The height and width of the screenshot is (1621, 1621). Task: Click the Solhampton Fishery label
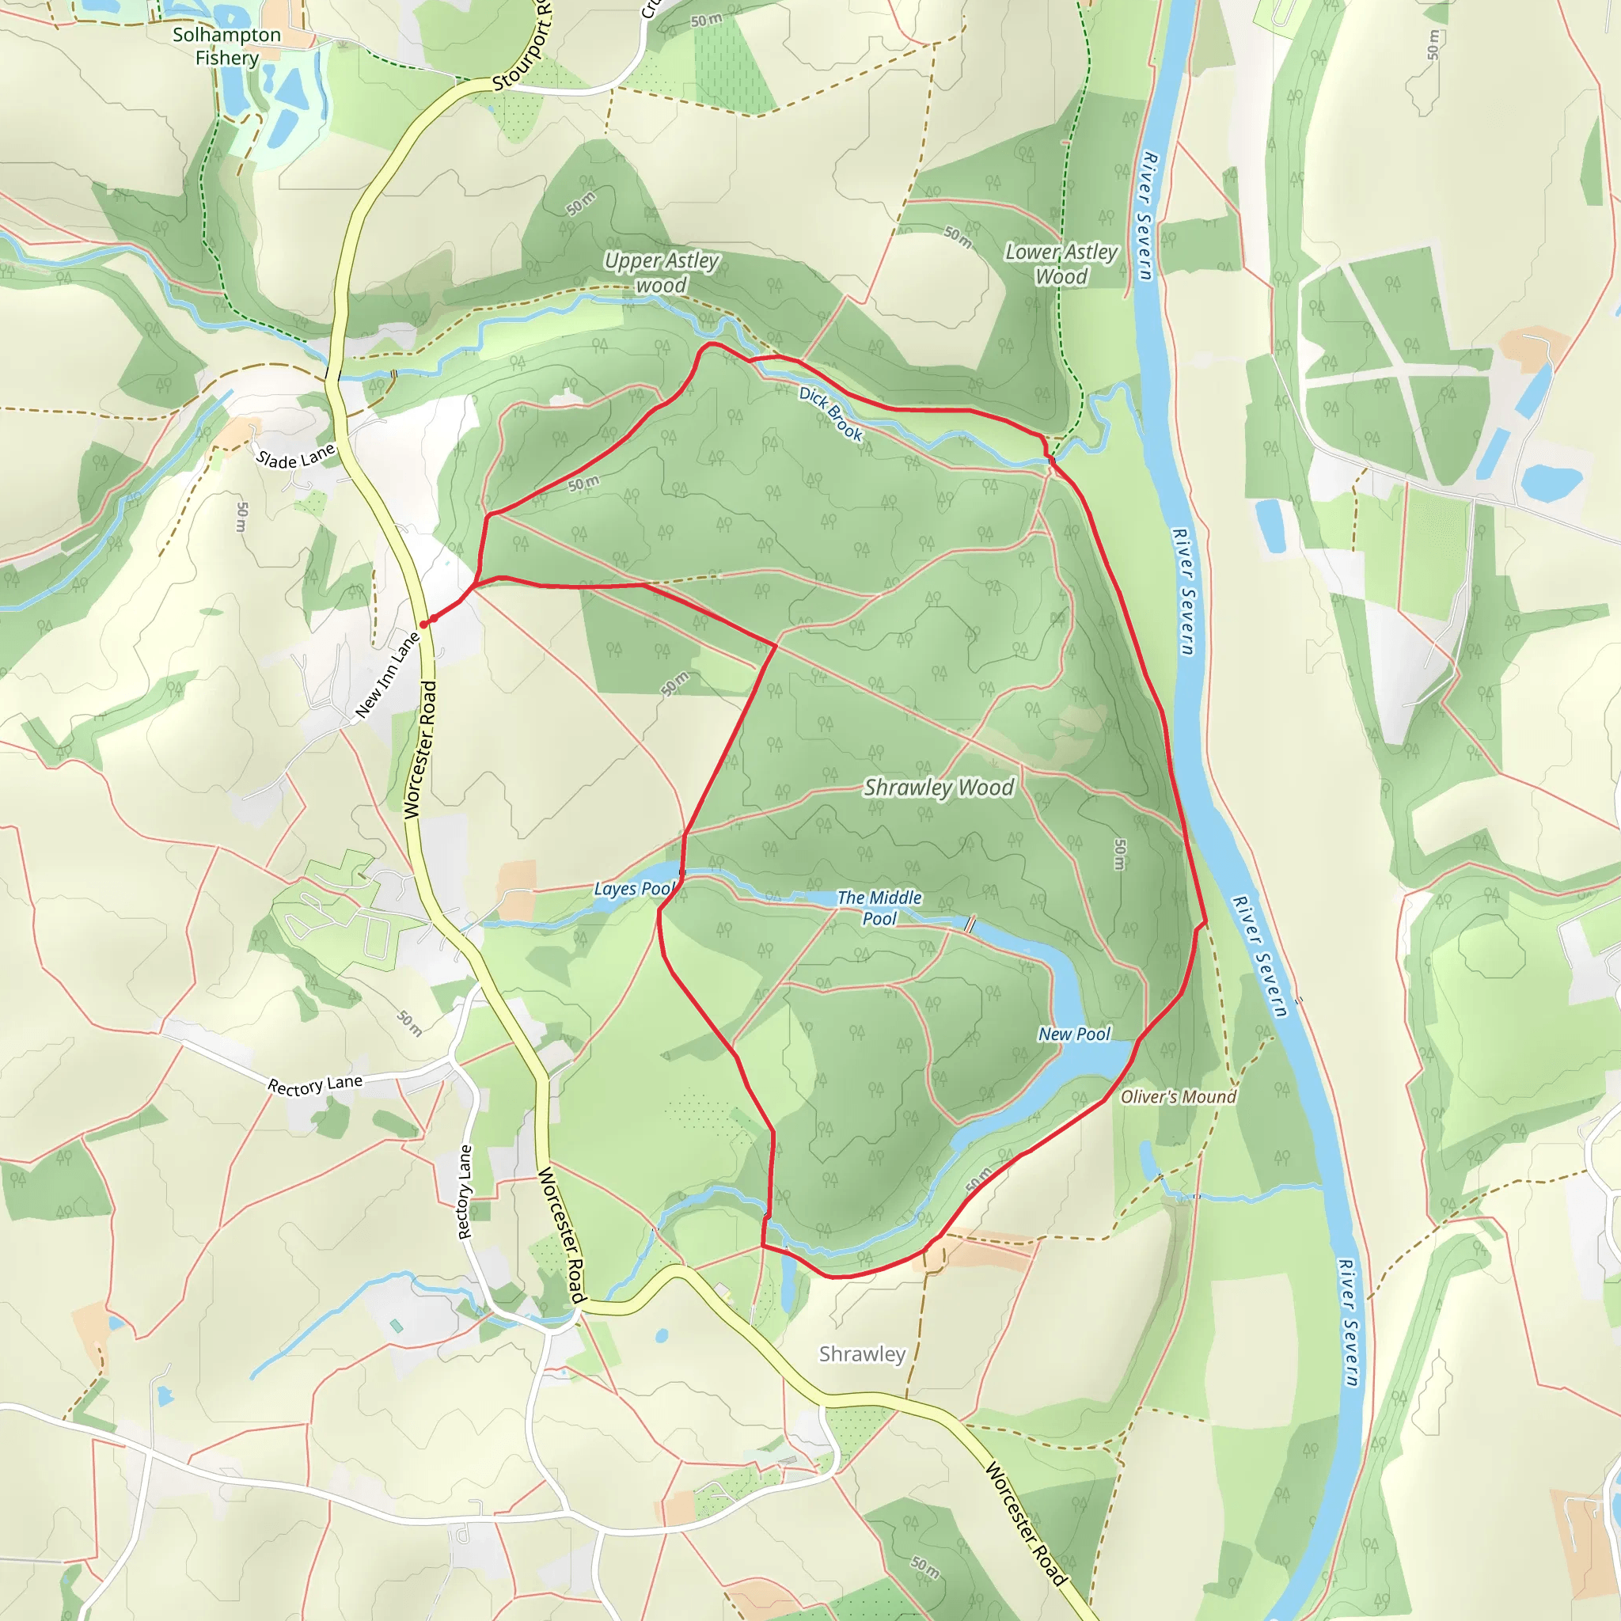click(226, 46)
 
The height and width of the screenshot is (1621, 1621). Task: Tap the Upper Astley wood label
click(661, 273)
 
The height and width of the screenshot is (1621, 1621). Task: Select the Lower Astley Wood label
click(1061, 264)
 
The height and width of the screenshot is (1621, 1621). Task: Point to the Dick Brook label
click(830, 414)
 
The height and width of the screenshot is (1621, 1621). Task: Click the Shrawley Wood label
click(939, 787)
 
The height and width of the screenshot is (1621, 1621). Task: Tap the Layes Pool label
click(634, 889)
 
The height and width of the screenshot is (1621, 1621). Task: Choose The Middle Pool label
click(879, 908)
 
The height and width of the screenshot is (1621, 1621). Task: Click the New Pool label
click(1074, 1034)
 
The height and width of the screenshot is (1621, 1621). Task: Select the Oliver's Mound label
click(1178, 1096)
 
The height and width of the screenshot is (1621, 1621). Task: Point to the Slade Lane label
click(295, 457)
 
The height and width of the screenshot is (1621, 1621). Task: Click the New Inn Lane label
click(387, 675)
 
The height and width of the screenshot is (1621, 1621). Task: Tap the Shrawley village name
click(863, 1354)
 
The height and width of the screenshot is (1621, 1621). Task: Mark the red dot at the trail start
click(423, 624)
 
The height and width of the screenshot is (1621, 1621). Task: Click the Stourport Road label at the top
click(522, 46)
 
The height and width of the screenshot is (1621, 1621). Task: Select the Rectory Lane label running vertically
click(465, 1192)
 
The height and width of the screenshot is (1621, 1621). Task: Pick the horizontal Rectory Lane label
click(315, 1085)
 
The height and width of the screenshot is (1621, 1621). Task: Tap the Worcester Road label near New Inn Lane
click(420, 750)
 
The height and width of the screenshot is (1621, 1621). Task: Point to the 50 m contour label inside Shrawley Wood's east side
click(1121, 854)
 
